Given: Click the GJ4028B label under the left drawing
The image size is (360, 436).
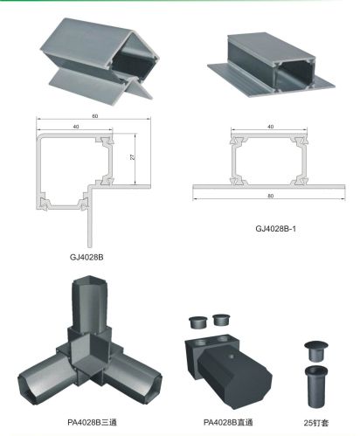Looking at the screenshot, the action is (87, 257).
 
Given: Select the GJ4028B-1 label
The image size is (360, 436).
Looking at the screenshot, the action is (275, 229).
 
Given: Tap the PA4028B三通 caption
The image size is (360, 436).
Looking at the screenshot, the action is (92, 422).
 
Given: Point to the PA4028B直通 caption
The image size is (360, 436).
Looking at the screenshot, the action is (228, 422).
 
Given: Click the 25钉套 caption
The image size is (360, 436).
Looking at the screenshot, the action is (316, 423).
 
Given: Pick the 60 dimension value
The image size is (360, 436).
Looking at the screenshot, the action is (95, 116).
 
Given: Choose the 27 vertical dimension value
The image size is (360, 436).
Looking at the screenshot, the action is (133, 157).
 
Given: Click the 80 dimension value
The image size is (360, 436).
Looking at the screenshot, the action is (271, 196).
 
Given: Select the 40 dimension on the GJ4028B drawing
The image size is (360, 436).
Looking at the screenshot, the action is (76, 127).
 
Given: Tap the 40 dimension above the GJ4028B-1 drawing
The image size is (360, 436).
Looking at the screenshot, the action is (271, 127).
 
